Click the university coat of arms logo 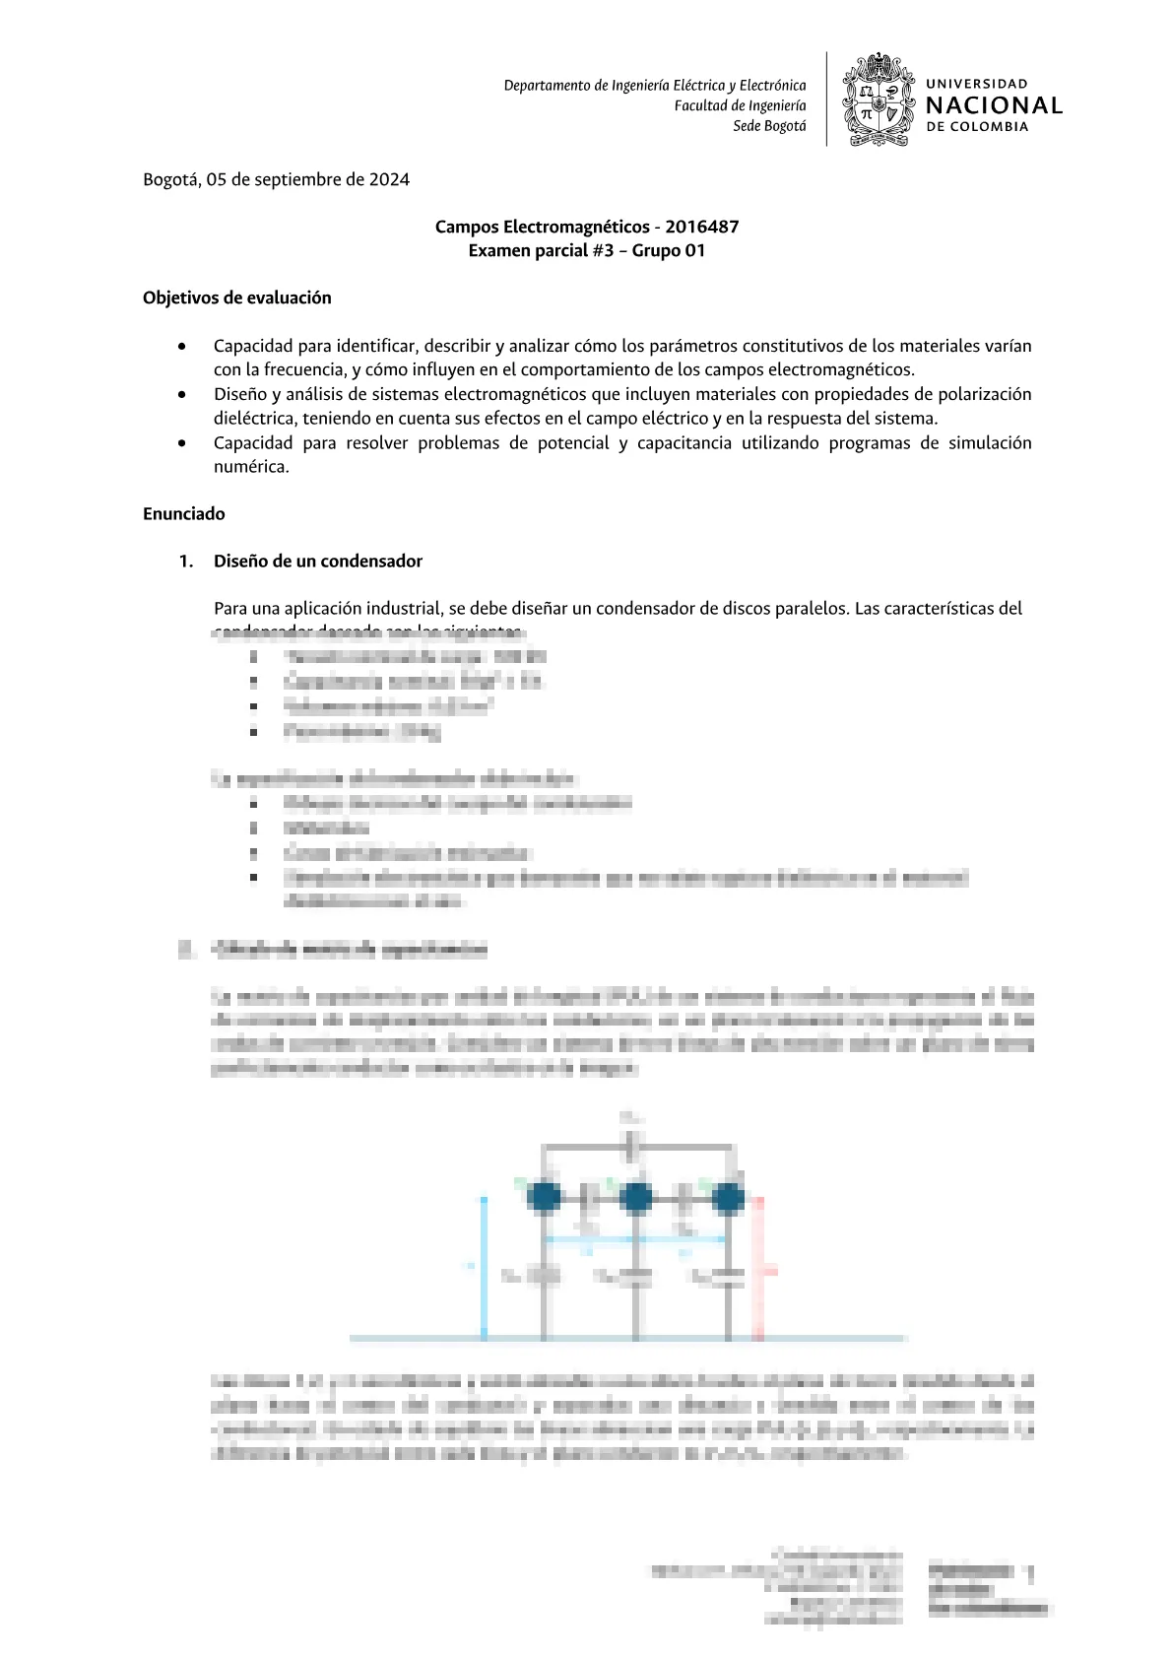[877, 100]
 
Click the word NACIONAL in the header [994, 105]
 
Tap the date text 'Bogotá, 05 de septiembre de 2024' [276, 179]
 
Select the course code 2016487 [702, 227]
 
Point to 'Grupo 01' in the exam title [669, 250]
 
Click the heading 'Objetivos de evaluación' [236, 298]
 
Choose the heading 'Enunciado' [183, 513]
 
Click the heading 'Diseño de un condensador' [317, 561]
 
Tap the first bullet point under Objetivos [182, 347]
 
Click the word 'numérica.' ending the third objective [251, 467]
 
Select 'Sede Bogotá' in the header [769, 126]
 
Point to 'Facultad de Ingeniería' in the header [740, 105]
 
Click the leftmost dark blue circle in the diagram [544, 1197]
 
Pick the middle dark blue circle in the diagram [635, 1197]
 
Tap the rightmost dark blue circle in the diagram [727, 1197]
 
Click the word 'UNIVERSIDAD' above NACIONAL [976, 85]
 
